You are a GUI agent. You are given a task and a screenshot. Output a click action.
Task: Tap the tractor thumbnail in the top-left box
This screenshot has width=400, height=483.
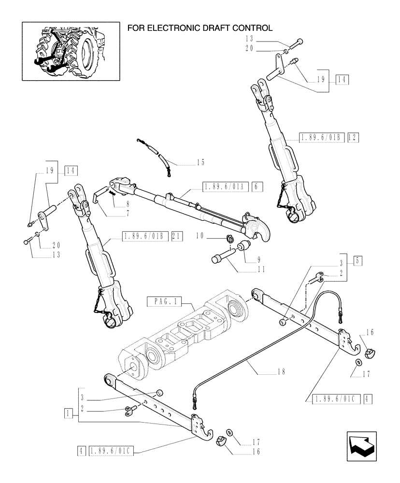[71, 51]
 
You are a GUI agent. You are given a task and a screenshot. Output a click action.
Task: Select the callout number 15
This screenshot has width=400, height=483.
[200, 162]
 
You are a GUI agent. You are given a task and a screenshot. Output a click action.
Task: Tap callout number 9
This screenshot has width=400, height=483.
[251, 259]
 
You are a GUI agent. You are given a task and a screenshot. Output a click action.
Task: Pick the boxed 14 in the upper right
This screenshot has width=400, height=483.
[342, 80]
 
